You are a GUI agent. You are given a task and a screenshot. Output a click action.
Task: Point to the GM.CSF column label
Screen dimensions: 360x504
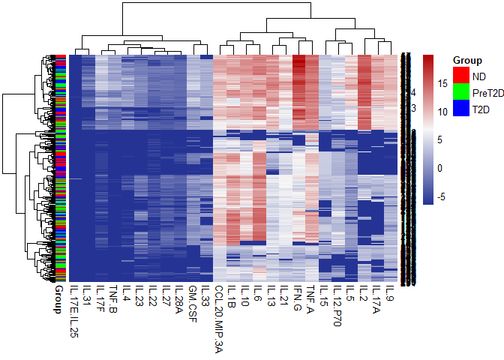(193, 301)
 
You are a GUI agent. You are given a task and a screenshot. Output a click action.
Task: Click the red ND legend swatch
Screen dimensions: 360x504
(460, 75)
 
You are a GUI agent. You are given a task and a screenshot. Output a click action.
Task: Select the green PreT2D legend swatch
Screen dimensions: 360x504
(460, 92)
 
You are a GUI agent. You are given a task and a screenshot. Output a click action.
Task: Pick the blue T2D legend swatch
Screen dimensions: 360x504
(460, 109)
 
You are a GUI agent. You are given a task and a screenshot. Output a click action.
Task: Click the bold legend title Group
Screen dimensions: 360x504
(467, 60)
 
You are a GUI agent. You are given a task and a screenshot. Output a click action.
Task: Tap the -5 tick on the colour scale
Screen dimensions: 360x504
(442, 196)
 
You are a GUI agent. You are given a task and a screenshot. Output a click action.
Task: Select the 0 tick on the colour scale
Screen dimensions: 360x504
(441, 168)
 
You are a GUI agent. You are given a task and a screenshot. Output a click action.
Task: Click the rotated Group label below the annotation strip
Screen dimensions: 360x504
(58, 298)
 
